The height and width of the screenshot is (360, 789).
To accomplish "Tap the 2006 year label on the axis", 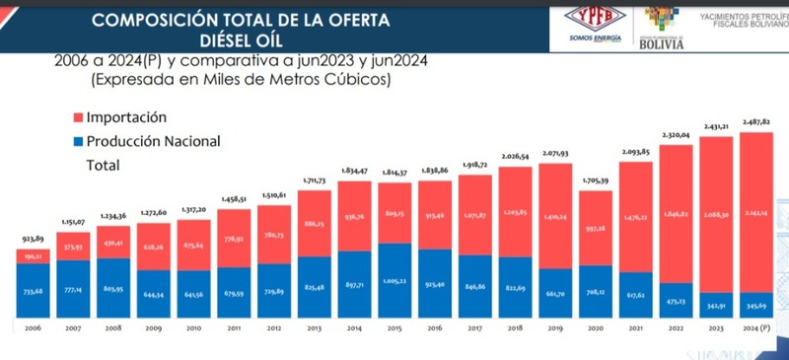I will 32,326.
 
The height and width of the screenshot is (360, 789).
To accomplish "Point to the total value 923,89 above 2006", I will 32,240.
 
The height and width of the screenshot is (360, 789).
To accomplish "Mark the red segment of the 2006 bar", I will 32,255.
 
